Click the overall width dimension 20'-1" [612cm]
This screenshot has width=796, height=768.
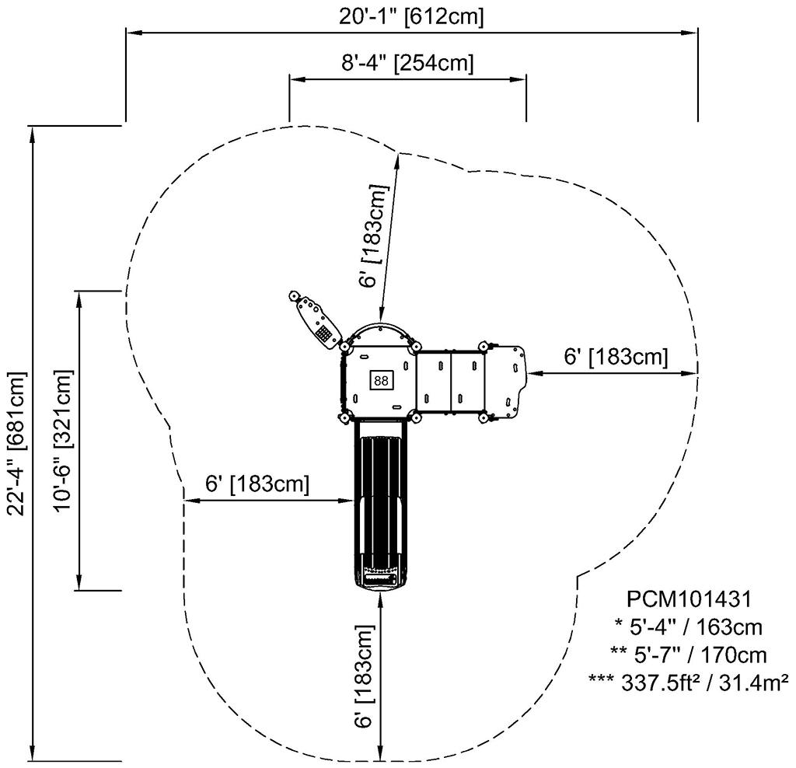click(x=412, y=16)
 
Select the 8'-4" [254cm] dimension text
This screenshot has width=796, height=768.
click(x=407, y=62)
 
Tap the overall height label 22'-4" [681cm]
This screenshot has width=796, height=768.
click(x=17, y=444)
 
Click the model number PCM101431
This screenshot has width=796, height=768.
click(x=688, y=599)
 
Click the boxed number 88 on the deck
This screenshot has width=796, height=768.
click(x=380, y=380)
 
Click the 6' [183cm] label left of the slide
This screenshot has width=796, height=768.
click(x=257, y=483)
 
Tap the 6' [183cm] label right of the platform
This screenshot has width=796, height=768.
click(x=616, y=357)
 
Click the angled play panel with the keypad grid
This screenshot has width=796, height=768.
click(x=317, y=321)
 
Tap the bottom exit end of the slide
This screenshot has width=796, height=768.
click(x=379, y=580)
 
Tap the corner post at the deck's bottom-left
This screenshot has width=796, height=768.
click(x=343, y=418)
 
